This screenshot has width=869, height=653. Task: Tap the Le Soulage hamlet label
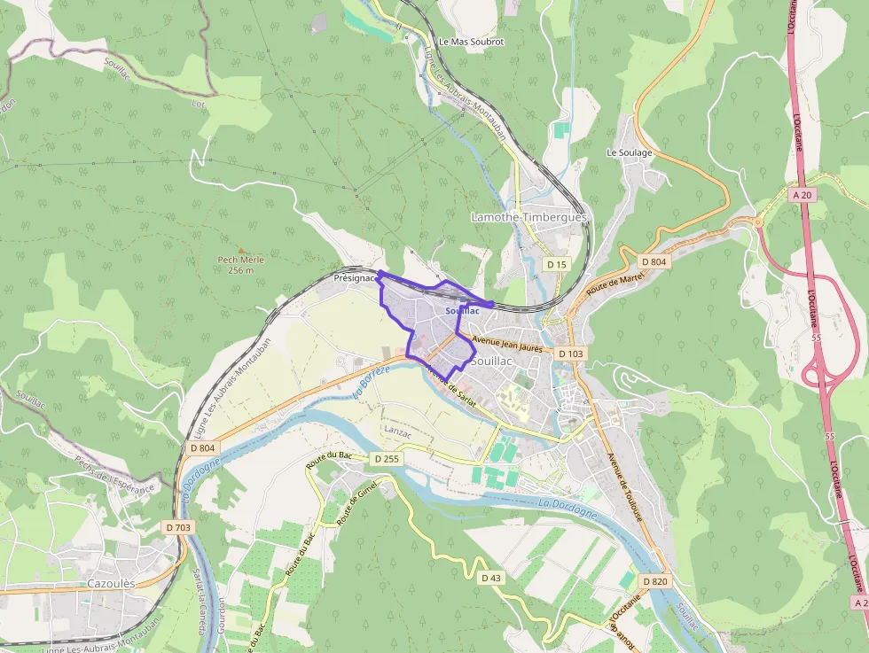629,152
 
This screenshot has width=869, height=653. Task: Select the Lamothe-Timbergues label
528,217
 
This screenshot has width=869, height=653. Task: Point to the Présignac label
353,277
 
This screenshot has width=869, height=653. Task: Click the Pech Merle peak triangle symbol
240,250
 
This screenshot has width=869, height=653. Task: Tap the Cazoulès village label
111,584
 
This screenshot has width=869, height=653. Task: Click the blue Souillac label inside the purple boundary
462,311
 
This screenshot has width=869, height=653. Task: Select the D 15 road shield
556,264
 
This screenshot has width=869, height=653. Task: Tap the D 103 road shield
570,354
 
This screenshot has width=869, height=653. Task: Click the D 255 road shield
387,459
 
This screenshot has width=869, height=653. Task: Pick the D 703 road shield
177,527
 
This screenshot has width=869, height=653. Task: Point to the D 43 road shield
490,578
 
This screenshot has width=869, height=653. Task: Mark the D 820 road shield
654,581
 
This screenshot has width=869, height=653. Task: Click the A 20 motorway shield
802,194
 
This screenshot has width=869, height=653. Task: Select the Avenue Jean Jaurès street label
507,344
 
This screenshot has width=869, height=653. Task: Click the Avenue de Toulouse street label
624,486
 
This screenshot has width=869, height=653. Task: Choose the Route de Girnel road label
356,501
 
